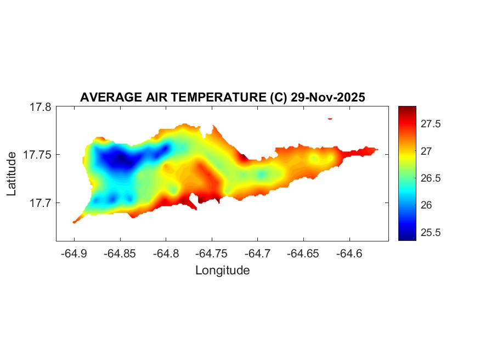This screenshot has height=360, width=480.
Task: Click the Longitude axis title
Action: coord(222,270)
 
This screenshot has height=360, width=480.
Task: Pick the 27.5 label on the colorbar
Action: coord(431,124)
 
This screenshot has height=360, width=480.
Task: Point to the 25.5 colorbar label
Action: coord(431,232)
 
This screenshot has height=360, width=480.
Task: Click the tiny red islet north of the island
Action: coord(330,118)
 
